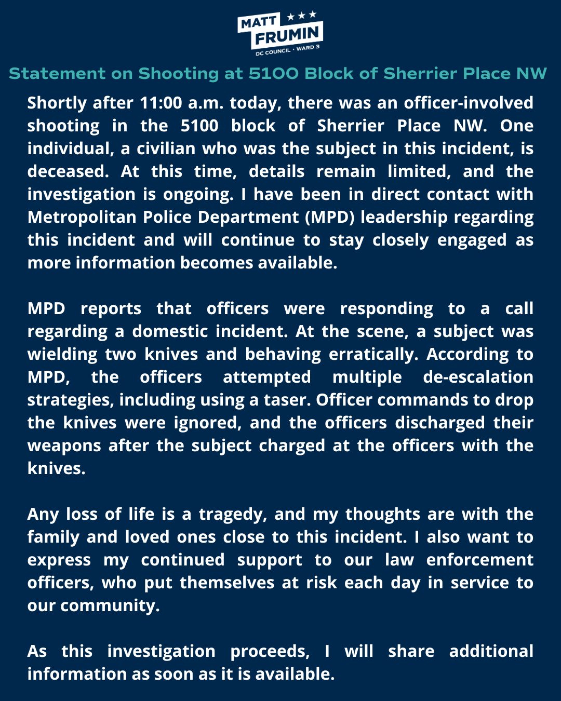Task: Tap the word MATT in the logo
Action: tap(258, 22)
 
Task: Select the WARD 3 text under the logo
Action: tap(308, 48)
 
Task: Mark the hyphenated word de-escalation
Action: tap(478, 377)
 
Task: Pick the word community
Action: tap(110, 606)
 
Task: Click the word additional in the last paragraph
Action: tap(491, 651)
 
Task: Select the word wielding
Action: tap(62, 355)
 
